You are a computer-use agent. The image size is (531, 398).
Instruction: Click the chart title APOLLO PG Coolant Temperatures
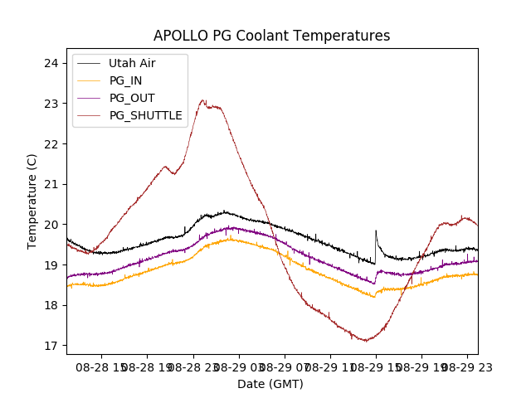271,36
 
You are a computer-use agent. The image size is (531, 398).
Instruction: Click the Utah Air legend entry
132,63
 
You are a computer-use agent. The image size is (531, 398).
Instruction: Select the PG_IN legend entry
125,80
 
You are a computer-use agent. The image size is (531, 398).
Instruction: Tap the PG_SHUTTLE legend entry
145,115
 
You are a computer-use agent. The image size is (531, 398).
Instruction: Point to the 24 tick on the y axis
51,63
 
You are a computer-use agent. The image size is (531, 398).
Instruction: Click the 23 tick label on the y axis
51,104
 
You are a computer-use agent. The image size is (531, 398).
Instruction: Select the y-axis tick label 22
51,144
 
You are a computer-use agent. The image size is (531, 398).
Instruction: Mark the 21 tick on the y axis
51,184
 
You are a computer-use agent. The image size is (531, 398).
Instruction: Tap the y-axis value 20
51,225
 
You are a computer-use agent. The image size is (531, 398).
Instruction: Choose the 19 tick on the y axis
51,265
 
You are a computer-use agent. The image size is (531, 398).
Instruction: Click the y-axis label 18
51,305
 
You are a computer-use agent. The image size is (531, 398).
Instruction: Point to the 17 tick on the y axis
51,346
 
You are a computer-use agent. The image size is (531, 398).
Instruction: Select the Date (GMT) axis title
270,384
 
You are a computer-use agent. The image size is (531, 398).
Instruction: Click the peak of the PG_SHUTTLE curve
202,100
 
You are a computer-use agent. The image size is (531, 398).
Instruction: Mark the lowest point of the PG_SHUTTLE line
364,341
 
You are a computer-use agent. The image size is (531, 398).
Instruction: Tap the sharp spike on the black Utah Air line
376,231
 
